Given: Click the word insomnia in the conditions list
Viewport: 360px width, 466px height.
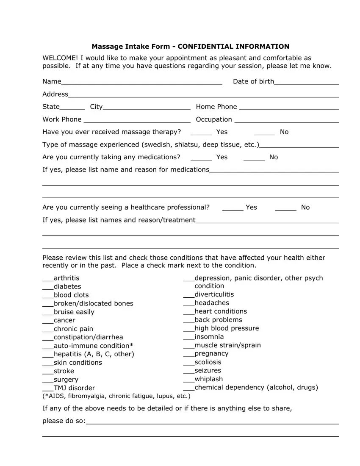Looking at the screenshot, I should pyautogui.click(x=209, y=337).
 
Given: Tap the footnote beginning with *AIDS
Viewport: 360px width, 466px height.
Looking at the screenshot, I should pyautogui.click(x=116, y=396).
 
